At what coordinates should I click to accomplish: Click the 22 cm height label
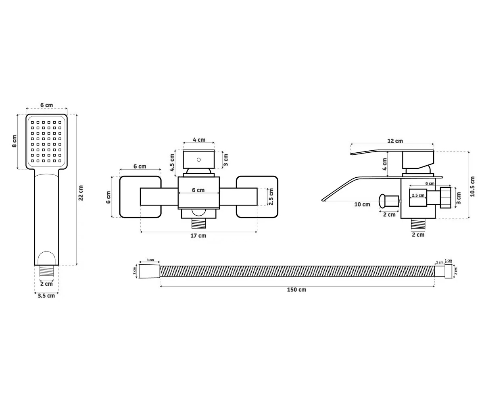point(81,193)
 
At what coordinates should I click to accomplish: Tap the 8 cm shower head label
point(15,141)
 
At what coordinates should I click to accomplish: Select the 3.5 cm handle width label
point(46,296)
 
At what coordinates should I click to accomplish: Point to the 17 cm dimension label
point(198,236)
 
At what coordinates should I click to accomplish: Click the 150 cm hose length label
point(296,290)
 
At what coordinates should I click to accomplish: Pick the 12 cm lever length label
point(395,141)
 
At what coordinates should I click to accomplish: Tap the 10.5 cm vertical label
point(472,187)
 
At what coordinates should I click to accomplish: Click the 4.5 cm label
point(172,162)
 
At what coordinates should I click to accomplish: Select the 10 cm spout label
point(362,204)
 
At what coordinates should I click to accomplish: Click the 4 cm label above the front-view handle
point(199,140)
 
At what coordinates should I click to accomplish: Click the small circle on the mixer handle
point(199,160)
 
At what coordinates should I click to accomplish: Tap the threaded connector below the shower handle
point(46,270)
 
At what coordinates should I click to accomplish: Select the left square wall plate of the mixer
point(140,197)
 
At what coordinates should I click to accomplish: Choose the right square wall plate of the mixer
point(257,197)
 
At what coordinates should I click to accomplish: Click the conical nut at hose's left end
point(149,271)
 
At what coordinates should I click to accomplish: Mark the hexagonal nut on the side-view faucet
point(446,197)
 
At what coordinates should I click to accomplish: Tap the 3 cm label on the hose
point(150,260)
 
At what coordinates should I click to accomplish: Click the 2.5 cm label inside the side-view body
point(418,195)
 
